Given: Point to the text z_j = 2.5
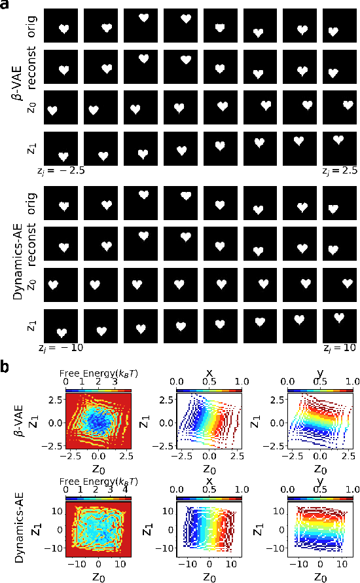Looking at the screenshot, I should pyautogui.click(x=338, y=170).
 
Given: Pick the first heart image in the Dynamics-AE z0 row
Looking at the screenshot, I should pyautogui.click(x=63, y=285).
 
